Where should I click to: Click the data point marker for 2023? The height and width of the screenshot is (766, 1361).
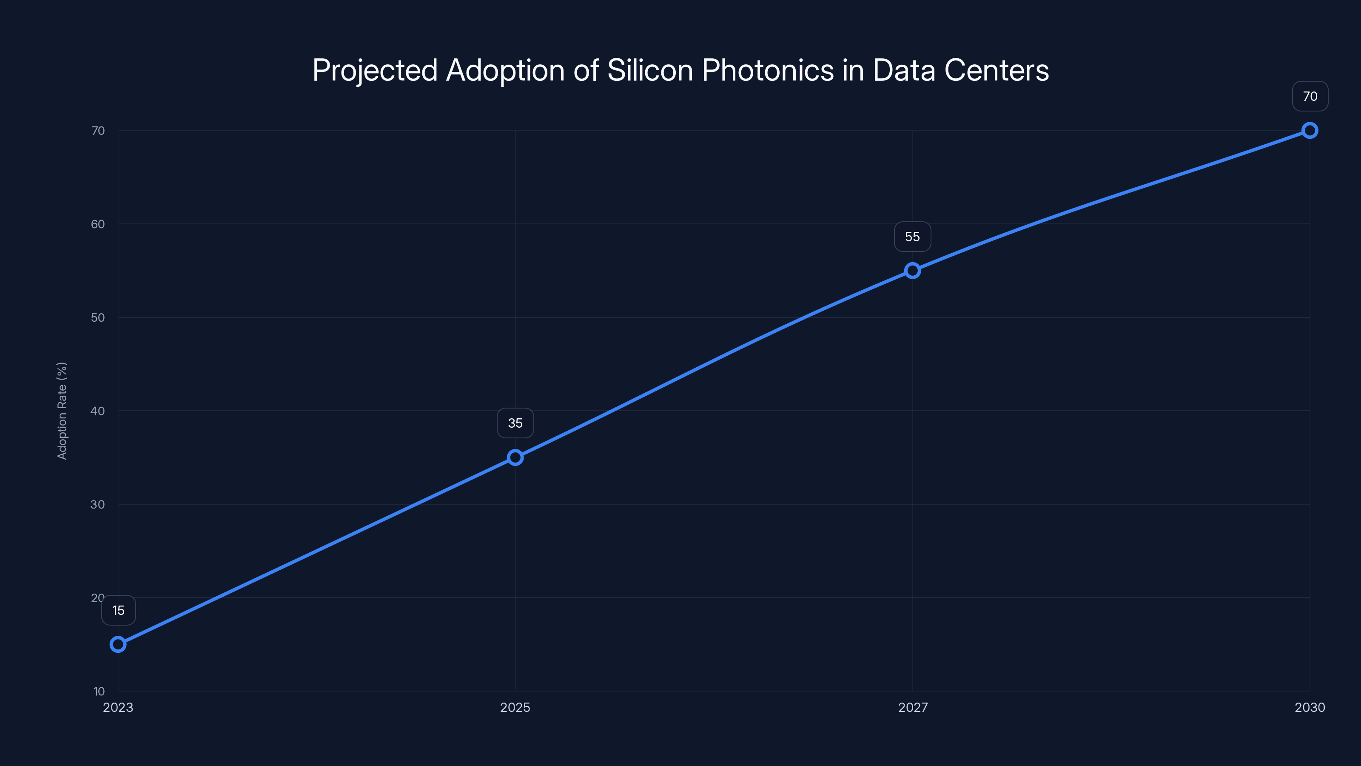click(x=118, y=644)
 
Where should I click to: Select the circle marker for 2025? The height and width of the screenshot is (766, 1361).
click(x=515, y=457)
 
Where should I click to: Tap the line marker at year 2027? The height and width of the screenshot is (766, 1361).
click(x=912, y=271)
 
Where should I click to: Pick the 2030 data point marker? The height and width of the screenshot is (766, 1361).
click(x=1310, y=130)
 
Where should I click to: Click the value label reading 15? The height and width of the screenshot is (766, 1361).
click(x=118, y=611)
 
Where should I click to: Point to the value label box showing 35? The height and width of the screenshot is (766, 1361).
click(x=515, y=423)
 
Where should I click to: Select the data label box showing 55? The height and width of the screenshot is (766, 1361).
click(x=912, y=237)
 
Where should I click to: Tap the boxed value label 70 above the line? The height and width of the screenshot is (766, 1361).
click(x=1310, y=96)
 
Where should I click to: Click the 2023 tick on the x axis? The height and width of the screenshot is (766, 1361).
click(x=118, y=707)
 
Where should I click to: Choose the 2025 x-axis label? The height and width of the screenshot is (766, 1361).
click(x=515, y=707)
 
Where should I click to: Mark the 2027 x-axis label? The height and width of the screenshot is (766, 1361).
click(x=912, y=707)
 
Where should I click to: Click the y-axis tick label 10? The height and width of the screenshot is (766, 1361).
click(x=99, y=691)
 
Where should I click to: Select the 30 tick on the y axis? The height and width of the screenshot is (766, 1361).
click(x=98, y=504)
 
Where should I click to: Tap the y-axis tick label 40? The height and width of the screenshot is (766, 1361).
click(x=98, y=411)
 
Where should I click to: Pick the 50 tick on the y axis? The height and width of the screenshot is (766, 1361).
click(x=98, y=317)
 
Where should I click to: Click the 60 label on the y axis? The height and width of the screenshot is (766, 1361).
click(x=98, y=224)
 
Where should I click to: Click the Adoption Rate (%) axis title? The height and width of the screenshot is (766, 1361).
click(x=62, y=411)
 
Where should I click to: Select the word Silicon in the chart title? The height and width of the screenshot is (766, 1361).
click(x=650, y=70)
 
